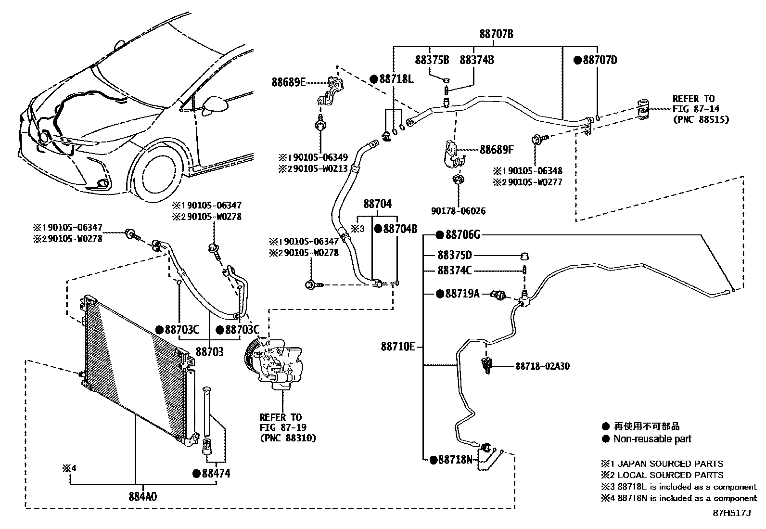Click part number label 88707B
pyautogui.click(x=496, y=34)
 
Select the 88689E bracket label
pyautogui.click(x=288, y=82)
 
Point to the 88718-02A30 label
pyautogui.click(x=542, y=366)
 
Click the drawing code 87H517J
pyautogui.click(x=731, y=513)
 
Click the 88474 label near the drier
pyautogui.click(x=216, y=474)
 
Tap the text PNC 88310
pyautogui.click(x=287, y=438)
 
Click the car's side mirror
pyautogui.click(x=214, y=104)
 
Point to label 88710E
pyautogui.click(x=397, y=347)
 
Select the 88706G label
pyautogui.click(x=462, y=235)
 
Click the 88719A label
pyautogui.click(x=462, y=294)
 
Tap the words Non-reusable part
pyautogui.click(x=651, y=439)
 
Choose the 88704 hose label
pyautogui.click(x=377, y=204)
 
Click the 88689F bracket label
pyautogui.click(x=497, y=150)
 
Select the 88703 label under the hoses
pyautogui.click(x=209, y=352)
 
